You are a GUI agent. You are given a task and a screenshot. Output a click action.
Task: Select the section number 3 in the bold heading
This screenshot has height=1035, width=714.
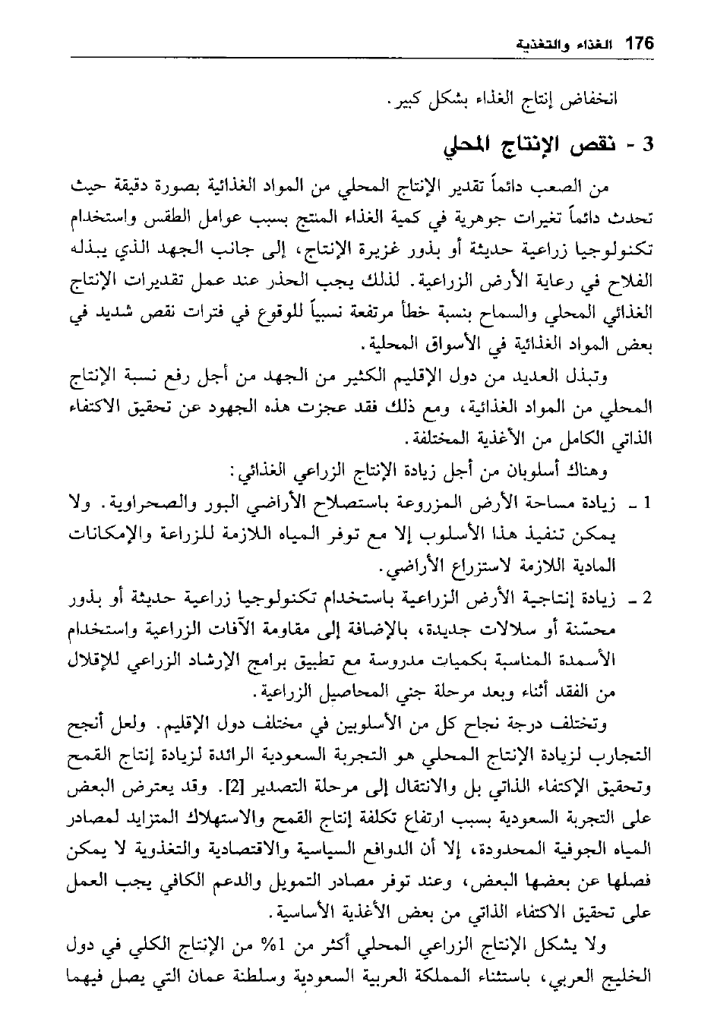647,145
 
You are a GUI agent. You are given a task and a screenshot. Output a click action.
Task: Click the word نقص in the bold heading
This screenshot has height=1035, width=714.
599,145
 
